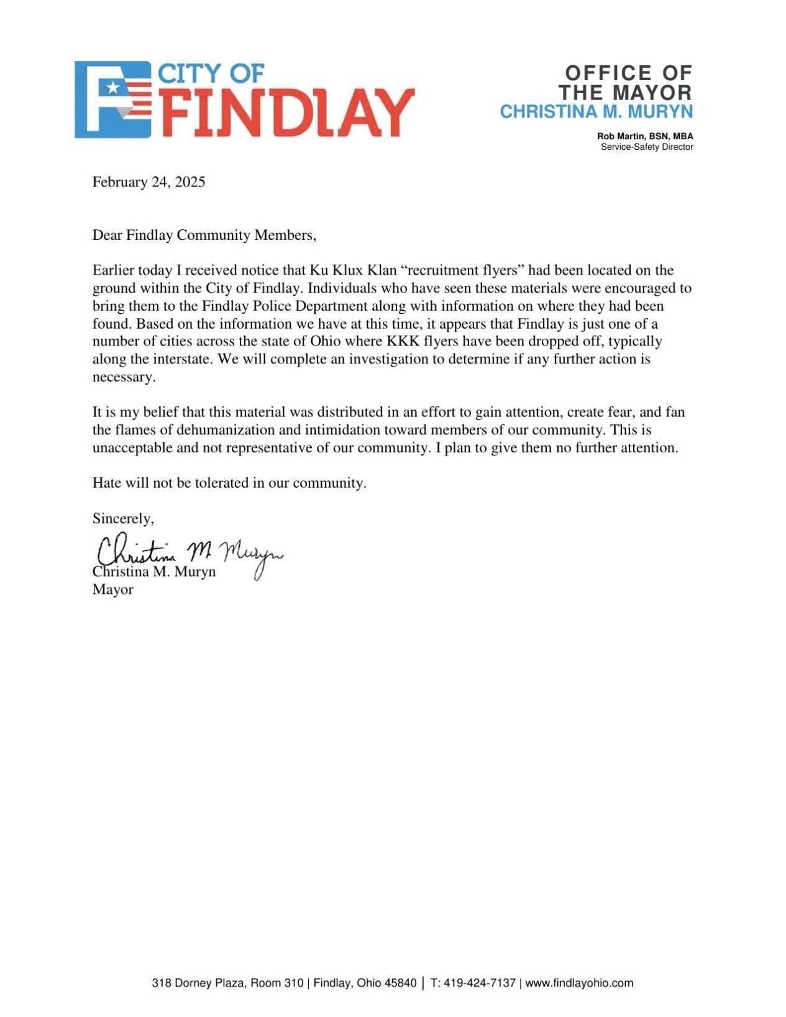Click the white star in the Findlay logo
112,88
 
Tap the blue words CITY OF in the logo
211,74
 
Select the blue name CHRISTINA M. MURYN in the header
596,112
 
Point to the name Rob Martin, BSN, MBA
644,136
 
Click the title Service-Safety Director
646,147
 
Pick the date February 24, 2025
149,182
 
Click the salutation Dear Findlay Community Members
204,235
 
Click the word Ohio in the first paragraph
325,341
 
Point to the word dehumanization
230,430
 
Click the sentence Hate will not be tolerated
229,483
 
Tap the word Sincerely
123,518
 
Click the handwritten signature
190,552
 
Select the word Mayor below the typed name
112,589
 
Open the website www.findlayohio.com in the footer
579,983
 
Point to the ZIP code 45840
400,983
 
